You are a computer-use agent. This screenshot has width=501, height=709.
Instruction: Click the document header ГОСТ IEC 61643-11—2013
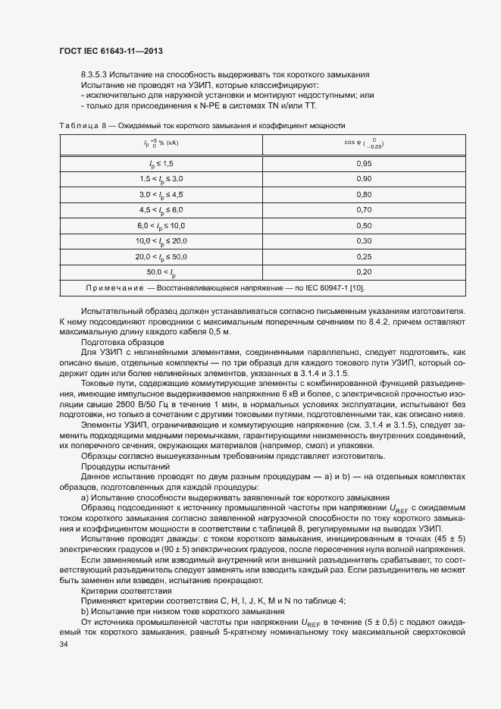111,51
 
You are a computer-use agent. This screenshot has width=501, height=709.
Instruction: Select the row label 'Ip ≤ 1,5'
161,163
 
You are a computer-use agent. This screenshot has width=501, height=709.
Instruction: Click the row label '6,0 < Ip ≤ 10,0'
161,225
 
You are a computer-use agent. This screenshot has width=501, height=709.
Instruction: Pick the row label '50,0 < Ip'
161,271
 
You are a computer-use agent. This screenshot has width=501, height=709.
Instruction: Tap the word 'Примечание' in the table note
142,287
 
